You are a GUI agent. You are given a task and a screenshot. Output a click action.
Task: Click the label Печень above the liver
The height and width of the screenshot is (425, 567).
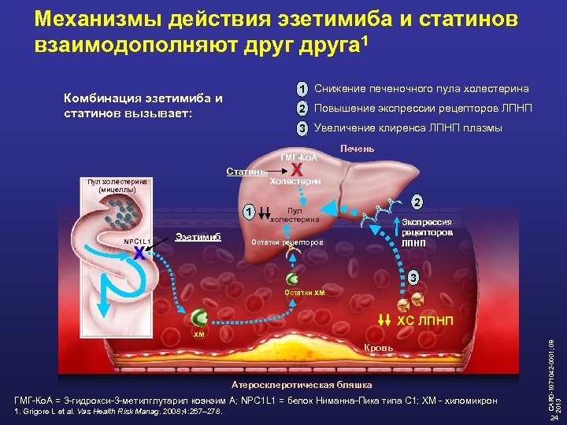357,150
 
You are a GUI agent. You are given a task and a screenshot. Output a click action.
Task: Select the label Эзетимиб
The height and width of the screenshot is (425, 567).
198,236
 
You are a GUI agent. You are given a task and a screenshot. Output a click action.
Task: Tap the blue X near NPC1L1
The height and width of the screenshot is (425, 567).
138,253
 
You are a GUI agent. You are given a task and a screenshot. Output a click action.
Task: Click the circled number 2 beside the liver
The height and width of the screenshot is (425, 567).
418,201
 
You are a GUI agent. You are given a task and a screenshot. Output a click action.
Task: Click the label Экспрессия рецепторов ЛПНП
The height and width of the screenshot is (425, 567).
427,233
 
